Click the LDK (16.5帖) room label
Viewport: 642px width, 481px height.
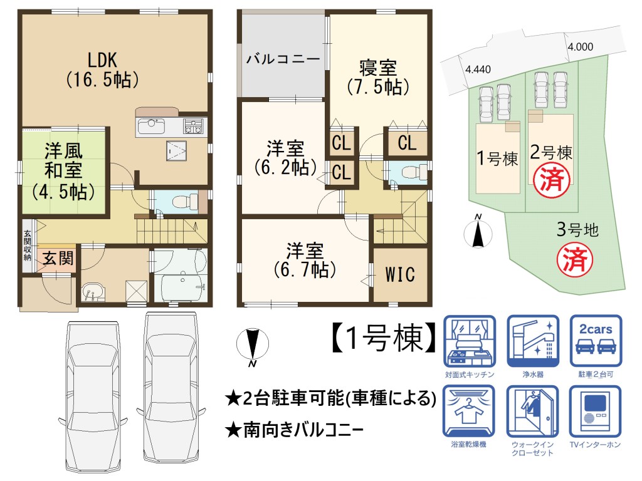coord(102,70)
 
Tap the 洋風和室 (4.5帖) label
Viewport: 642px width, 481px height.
coord(63,172)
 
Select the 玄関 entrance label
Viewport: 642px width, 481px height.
coord(58,259)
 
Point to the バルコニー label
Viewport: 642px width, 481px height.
coord(283,59)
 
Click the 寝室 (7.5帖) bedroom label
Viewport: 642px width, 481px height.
coord(378,77)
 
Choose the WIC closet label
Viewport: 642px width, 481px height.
coord(400,274)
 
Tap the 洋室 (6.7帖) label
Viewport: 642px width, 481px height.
coord(305,260)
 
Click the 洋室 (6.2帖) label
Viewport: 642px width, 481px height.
coord(285,158)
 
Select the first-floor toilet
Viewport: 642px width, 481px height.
coord(184,202)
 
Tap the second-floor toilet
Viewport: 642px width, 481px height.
coord(413,172)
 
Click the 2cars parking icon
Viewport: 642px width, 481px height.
coord(596,341)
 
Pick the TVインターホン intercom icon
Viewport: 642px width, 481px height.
coord(595,411)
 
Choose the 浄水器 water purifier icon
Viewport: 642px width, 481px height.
coord(533,341)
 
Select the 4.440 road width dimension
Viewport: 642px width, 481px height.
coord(478,70)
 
